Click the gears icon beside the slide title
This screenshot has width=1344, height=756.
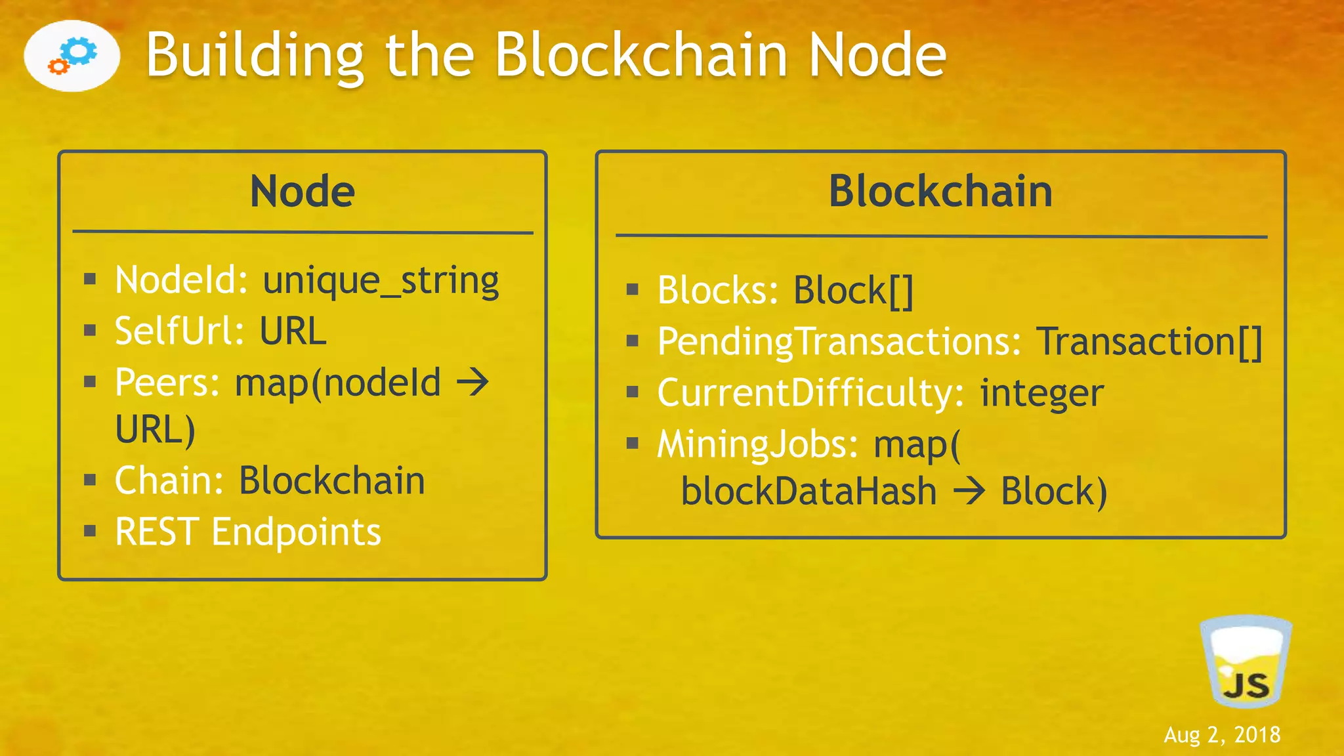point(72,56)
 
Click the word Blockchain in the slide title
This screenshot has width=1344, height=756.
point(640,55)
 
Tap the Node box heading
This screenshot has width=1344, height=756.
point(303,192)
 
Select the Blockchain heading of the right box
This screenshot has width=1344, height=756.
point(940,192)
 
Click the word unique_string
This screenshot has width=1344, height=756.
point(381,281)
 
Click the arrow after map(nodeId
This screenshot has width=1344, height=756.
point(473,382)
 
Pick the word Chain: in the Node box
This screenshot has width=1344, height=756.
point(169,480)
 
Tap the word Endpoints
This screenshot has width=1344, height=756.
point(296,532)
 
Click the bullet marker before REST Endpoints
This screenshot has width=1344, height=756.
point(91,530)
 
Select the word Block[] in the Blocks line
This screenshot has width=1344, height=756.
point(853,290)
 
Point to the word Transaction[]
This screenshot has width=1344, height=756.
point(1149,342)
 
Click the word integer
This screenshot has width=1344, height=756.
point(1041,393)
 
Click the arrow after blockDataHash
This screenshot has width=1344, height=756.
point(969,492)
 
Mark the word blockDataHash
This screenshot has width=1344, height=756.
point(808,492)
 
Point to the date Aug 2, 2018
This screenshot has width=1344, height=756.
point(1222,735)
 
